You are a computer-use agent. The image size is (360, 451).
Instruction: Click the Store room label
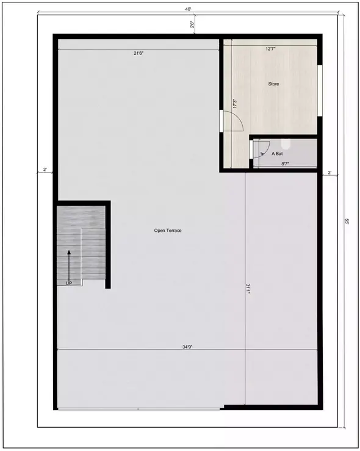click(273, 84)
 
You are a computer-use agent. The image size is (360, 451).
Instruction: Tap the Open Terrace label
click(168, 230)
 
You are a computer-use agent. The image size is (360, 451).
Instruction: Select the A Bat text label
click(277, 154)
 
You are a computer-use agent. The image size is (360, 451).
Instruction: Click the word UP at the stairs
click(69, 283)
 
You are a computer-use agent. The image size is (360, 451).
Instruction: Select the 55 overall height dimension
click(346, 222)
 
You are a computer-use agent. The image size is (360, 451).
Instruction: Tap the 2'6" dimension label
click(192, 25)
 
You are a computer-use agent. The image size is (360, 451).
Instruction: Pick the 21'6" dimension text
click(139, 53)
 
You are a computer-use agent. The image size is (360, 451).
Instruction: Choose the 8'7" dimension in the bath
click(285, 163)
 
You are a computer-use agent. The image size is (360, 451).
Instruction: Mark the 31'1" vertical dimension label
click(248, 288)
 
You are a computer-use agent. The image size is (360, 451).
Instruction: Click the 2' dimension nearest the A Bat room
click(329, 173)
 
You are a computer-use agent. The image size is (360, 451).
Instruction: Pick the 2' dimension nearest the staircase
click(45, 169)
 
